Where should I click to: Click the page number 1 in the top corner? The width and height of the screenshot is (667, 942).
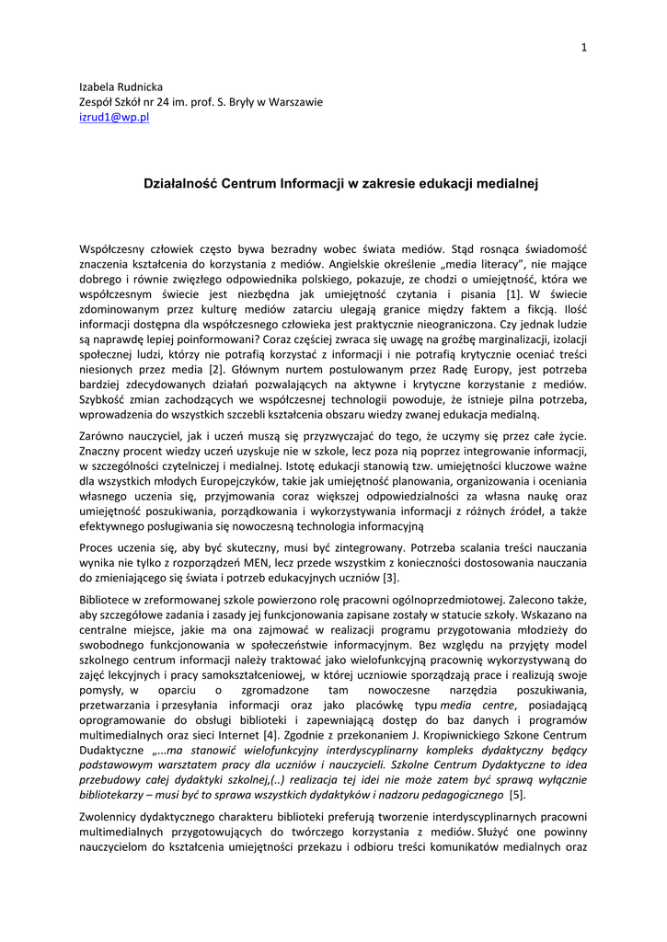(x=583, y=48)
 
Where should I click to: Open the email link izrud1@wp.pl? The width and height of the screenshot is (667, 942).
(x=115, y=119)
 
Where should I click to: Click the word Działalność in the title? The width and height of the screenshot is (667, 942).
(x=180, y=184)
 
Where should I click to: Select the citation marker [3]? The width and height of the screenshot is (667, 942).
(x=391, y=578)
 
